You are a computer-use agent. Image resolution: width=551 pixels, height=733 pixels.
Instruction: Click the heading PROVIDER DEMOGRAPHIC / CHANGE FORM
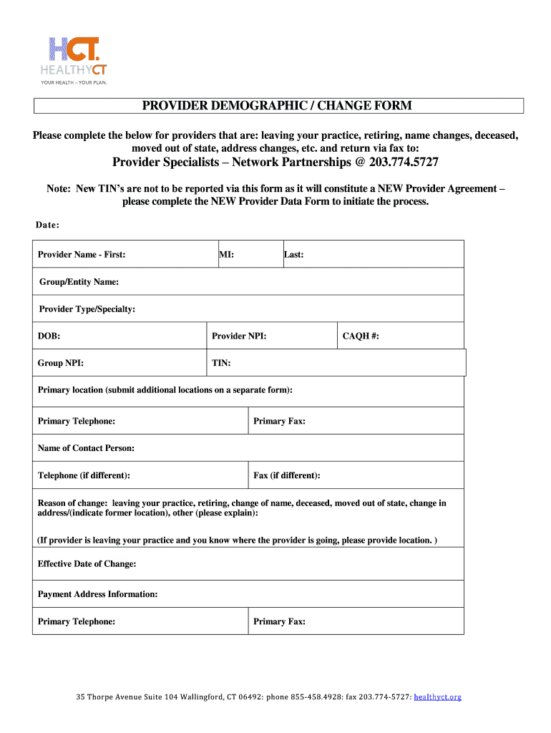(x=277, y=106)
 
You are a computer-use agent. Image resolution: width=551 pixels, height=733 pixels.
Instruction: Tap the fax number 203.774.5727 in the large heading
(x=404, y=162)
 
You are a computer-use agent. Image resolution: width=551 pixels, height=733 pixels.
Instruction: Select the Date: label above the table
(x=47, y=225)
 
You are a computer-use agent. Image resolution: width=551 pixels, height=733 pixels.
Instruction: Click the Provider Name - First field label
(x=82, y=254)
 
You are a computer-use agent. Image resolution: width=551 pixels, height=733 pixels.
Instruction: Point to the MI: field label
(x=227, y=254)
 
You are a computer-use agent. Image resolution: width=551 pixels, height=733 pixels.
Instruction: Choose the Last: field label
(x=294, y=254)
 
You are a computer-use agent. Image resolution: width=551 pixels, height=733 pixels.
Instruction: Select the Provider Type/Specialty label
(x=87, y=309)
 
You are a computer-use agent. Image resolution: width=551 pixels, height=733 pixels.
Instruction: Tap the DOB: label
(x=49, y=336)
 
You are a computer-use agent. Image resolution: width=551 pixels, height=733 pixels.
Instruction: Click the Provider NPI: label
(x=239, y=336)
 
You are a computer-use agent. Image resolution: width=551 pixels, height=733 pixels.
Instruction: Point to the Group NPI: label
(x=60, y=363)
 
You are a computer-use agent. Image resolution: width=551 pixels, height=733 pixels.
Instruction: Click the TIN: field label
(x=221, y=363)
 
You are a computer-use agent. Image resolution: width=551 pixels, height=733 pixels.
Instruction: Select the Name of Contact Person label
(x=86, y=448)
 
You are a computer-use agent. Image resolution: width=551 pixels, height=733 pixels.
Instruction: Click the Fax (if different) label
(x=287, y=475)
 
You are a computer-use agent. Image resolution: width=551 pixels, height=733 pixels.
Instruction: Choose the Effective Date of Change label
(x=87, y=564)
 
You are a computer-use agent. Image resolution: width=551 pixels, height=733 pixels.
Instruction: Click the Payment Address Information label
(x=97, y=594)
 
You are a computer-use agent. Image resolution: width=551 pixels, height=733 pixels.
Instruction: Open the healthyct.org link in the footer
(x=438, y=696)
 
